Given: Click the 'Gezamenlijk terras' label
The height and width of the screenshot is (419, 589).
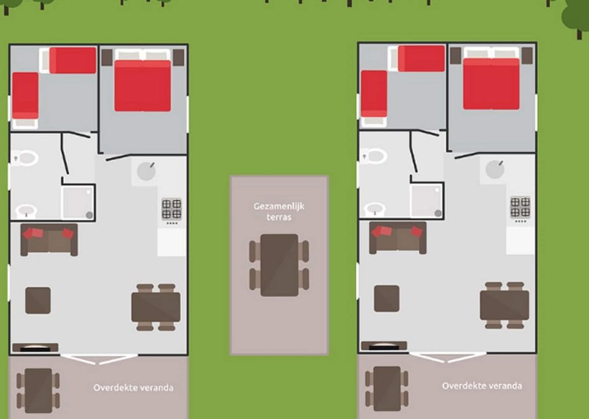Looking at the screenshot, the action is point(279,212).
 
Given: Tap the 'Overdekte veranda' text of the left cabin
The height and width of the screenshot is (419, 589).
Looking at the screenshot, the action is point(133,388).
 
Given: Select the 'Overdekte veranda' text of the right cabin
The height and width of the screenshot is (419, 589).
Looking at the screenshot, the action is point(482,386).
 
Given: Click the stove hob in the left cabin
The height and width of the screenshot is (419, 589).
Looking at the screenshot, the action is point(172,209).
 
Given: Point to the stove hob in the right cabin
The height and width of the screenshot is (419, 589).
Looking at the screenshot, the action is point(520,207).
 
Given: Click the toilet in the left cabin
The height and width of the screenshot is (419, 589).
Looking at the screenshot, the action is point(26,158).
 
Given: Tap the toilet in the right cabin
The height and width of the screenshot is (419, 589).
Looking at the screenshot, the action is point(374,156).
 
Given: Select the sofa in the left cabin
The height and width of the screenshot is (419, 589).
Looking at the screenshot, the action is point(49,240).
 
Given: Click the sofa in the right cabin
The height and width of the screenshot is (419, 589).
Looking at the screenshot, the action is point(398,238).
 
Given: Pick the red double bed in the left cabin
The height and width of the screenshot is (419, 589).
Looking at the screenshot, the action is point(143,86).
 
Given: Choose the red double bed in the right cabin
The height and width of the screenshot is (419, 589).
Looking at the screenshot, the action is point(491,83).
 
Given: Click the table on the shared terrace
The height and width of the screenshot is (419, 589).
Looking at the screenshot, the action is point(280,265).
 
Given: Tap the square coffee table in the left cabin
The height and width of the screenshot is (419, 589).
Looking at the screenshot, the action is point(38,301).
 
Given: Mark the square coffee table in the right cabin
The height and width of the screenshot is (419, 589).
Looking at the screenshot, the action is point(387,299).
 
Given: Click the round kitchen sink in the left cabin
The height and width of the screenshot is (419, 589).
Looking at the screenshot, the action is point(146,171).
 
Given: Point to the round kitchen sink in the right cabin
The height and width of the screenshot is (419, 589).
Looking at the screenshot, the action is point(495,169).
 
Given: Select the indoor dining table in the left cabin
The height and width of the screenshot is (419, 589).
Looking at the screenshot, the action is point(156,307).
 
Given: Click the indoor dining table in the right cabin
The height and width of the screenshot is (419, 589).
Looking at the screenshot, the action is point(504,306).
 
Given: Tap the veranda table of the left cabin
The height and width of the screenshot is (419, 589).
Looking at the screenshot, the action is point(38,390).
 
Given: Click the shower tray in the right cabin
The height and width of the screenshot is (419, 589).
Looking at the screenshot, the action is point(427,200).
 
